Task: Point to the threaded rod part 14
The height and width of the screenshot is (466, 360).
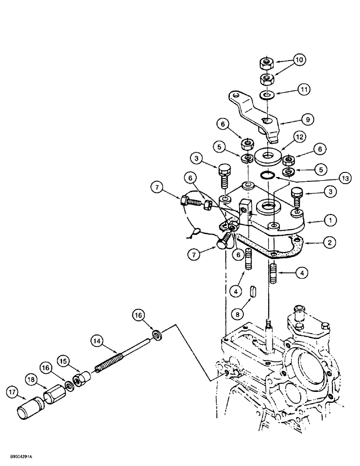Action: tap(126, 361)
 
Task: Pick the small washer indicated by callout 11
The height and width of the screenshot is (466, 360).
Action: tap(268, 96)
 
